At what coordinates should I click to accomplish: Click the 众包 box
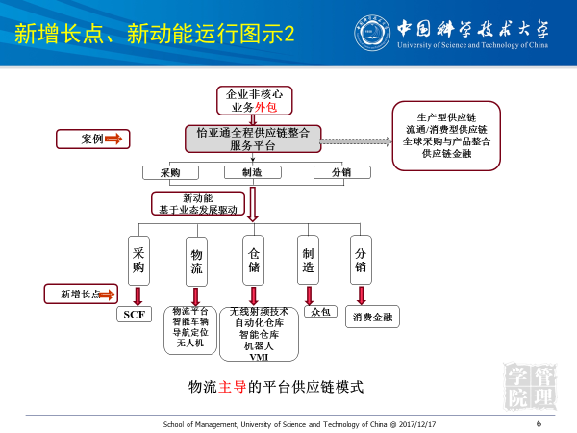(x=318, y=313)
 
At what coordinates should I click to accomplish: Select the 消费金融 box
(x=372, y=317)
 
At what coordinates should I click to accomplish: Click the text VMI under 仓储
(x=259, y=358)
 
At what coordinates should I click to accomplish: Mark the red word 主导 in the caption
(x=234, y=387)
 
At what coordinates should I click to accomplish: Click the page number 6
(x=538, y=422)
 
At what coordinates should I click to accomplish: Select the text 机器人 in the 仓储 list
(x=260, y=345)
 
